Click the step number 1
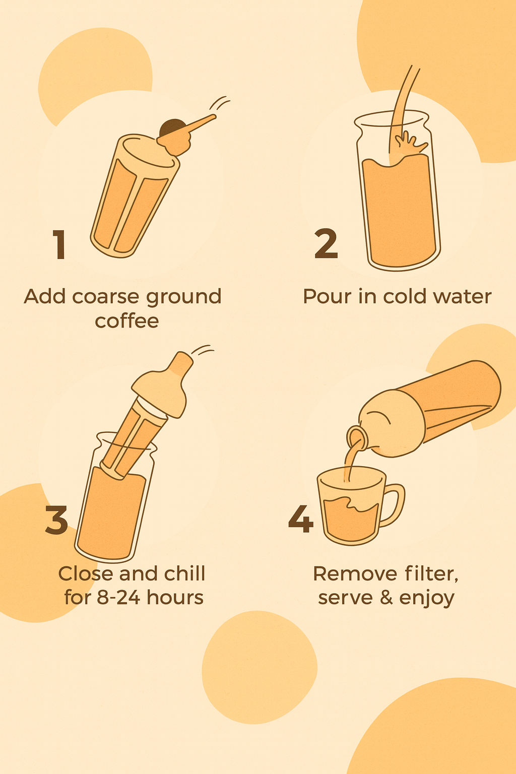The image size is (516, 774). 59,244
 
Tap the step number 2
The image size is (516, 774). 326,243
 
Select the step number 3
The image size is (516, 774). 56,520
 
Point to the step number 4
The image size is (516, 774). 301,519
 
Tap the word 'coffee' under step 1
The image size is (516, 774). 127,320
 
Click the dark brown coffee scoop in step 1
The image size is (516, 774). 172,127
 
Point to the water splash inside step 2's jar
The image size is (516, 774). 411,143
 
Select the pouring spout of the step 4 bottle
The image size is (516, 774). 356,437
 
